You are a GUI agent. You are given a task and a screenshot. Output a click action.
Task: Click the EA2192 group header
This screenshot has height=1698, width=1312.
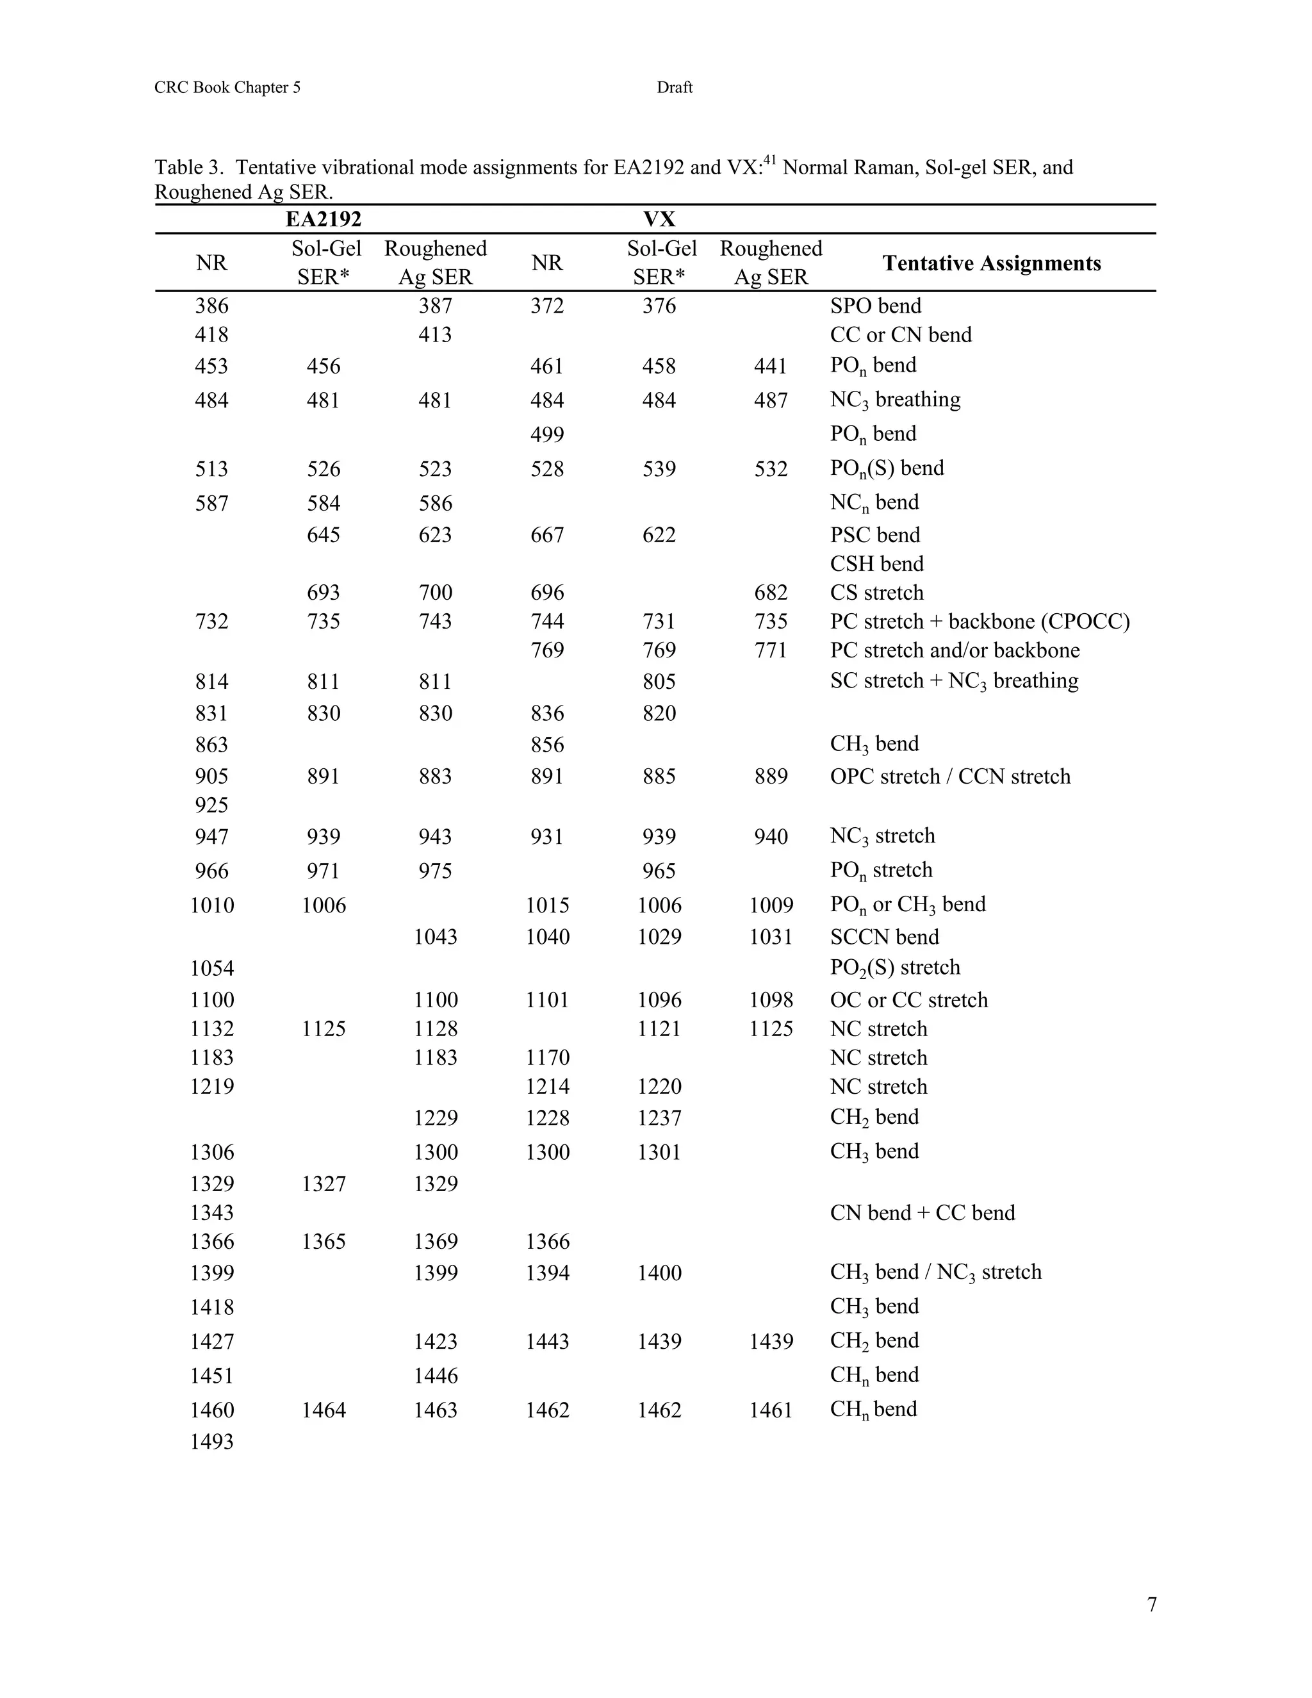pos(324,219)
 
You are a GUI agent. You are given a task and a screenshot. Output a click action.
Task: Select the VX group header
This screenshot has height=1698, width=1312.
pos(659,219)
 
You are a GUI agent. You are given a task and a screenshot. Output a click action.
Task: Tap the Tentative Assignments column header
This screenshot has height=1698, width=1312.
pos(992,263)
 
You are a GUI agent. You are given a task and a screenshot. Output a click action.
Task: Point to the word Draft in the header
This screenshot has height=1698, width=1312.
pos(674,88)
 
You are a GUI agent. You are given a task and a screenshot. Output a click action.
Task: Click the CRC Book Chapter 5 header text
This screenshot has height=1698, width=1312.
pos(227,88)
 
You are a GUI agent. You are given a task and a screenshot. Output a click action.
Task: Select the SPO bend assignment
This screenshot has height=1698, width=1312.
pos(875,306)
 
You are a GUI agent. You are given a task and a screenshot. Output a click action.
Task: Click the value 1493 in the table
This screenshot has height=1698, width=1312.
pos(211,1442)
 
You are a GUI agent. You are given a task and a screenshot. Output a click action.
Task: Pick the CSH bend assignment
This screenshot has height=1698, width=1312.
pos(877,564)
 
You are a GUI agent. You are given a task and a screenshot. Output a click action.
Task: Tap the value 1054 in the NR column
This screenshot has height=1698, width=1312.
pos(211,969)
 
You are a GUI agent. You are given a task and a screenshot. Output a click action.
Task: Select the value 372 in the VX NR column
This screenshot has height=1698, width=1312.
pos(547,306)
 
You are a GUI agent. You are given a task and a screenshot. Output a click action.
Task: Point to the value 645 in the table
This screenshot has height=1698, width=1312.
pos(324,535)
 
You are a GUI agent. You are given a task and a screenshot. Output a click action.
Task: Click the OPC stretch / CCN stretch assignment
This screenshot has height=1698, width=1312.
pos(950,777)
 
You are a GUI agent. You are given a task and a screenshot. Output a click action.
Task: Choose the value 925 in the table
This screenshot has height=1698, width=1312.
pos(211,805)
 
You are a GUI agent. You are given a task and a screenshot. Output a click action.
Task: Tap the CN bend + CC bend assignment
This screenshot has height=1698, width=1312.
pos(922,1213)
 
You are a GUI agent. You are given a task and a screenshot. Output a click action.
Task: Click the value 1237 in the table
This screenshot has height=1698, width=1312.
pos(659,1118)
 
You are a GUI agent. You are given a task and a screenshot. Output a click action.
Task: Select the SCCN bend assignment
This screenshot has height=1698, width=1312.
pos(885,937)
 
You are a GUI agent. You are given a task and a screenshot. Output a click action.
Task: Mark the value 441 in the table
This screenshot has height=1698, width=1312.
pos(771,366)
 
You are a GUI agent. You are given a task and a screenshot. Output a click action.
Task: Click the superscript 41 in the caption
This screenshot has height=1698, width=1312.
pos(769,161)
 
